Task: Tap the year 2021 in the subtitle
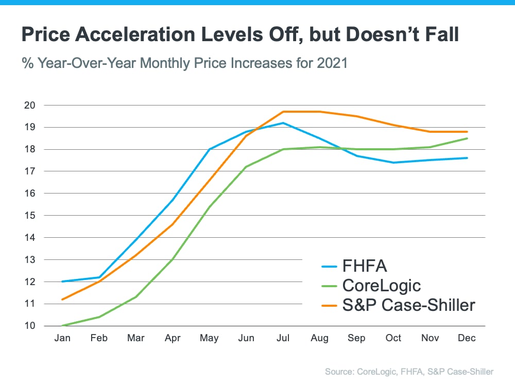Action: point(332,64)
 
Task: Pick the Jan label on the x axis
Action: point(63,338)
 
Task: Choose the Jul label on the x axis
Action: point(283,338)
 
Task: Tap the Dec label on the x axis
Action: point(467,338)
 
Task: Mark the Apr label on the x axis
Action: point(173,338)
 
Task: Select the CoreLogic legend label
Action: point(381,285)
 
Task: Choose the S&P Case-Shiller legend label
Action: point(408,305)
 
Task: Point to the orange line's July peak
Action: point(283,112)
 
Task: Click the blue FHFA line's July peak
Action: point(283,123)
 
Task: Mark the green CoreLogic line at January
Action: point(63,325)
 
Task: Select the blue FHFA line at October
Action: point(393,163)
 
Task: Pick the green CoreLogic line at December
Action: point(467,138)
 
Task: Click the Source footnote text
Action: point(409,372)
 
